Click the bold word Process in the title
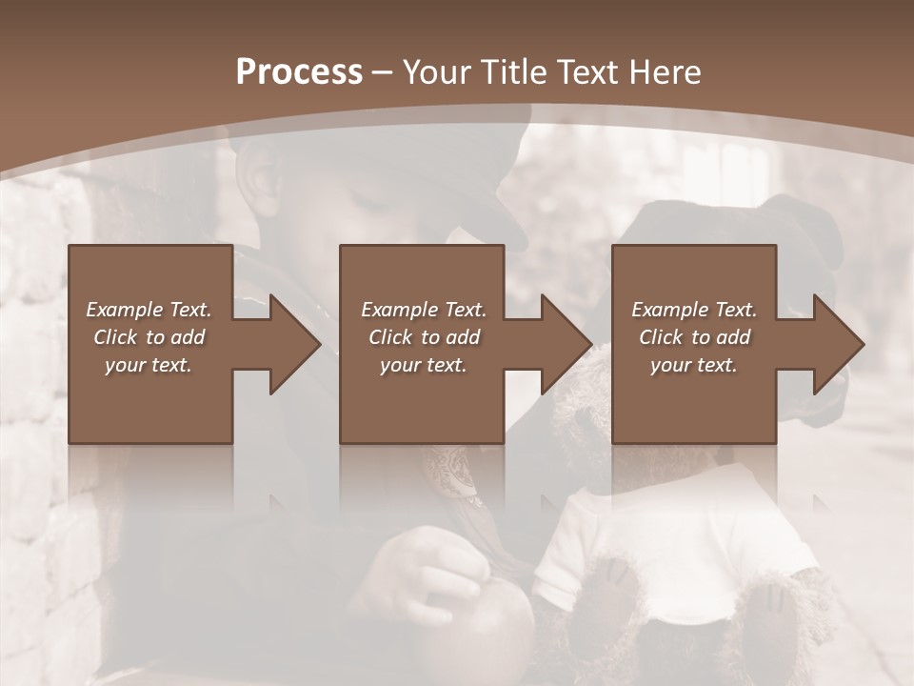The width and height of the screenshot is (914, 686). click(x=299, y=72)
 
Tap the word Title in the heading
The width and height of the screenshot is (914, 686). click(x=510, y=72)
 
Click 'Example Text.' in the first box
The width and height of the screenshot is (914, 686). click(x=149, y=310)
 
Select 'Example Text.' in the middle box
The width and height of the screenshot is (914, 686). click(x=423, y=310)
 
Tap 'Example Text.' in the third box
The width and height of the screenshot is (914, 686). click(x=694, y=310)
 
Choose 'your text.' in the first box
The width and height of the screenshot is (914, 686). click(x=149, y=365)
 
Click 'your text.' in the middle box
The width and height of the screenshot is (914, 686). click(x=423, y=365)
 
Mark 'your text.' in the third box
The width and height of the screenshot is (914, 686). click(x=694, y=365)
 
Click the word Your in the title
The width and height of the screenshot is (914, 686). click(x=437, y=72)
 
